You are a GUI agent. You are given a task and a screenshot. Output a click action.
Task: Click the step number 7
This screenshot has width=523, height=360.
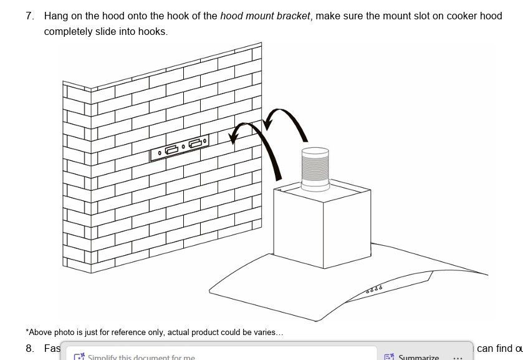pos(30,16)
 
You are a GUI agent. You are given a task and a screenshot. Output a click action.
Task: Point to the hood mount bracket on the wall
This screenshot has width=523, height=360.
pos(180,148)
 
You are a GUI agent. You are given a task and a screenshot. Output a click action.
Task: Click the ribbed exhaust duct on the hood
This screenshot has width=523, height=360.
pos(315,169)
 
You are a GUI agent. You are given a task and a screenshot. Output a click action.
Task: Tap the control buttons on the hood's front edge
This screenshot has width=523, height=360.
pos(374,289)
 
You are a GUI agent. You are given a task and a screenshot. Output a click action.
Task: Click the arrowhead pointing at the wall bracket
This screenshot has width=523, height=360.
pos(234,135)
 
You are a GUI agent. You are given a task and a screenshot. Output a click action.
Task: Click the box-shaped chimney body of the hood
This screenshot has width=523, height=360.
pos(322,225)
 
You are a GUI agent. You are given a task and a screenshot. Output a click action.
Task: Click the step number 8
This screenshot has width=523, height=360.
pos(30,348)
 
